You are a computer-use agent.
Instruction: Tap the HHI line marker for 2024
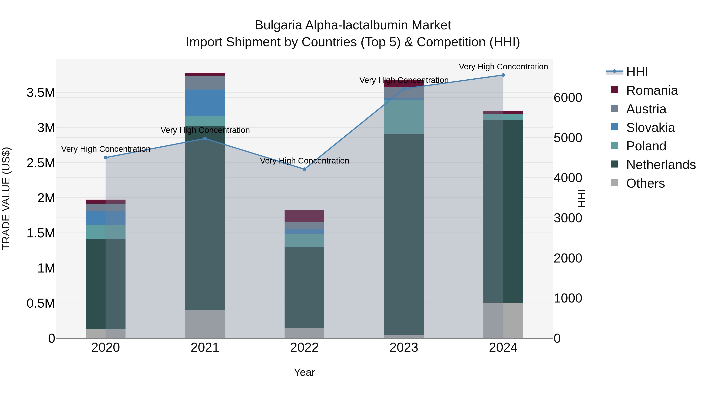503,75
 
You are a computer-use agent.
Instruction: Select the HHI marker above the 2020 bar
106,158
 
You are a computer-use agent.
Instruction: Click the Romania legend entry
652,90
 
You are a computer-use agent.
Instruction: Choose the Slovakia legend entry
650,128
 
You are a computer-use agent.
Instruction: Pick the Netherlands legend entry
661,165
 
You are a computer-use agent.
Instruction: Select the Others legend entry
645,183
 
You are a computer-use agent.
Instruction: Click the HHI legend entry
637,72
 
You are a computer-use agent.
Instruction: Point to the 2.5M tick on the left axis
41,163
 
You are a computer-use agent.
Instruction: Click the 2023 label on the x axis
404,348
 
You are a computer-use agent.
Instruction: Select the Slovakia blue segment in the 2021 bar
205,103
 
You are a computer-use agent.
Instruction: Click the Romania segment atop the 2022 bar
304,216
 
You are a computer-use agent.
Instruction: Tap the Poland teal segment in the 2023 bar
404,117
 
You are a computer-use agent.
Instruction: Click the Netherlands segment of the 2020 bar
106,284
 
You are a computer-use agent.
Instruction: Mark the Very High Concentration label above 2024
503,67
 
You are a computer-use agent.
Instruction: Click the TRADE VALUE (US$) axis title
6,198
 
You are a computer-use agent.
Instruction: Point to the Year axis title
304,372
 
